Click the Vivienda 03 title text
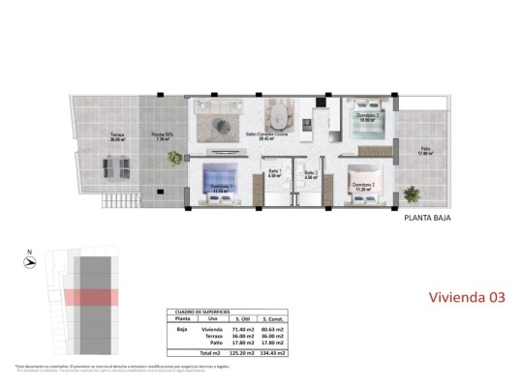pyautogui.click(x=467, y=298)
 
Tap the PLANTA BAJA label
pyautogui.click(x=427, y=218)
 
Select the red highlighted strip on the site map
pyautogui.click(x=92, y=297)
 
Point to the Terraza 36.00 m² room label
pyautogui.click(x=117, y=136)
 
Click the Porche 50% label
pyautogui.click(x=162, y=136)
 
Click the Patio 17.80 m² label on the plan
pyautogui.click(x=423, y=151)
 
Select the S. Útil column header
pyautogui.click(x=239, y=320)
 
